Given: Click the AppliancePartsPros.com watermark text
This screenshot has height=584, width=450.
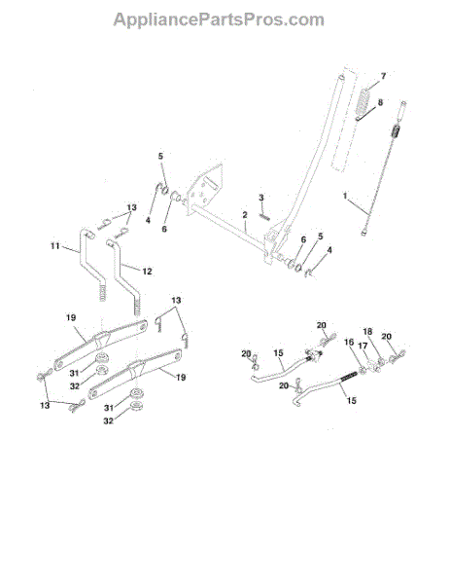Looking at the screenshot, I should point(220,18).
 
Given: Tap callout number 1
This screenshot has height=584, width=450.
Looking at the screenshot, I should point(344,197).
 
